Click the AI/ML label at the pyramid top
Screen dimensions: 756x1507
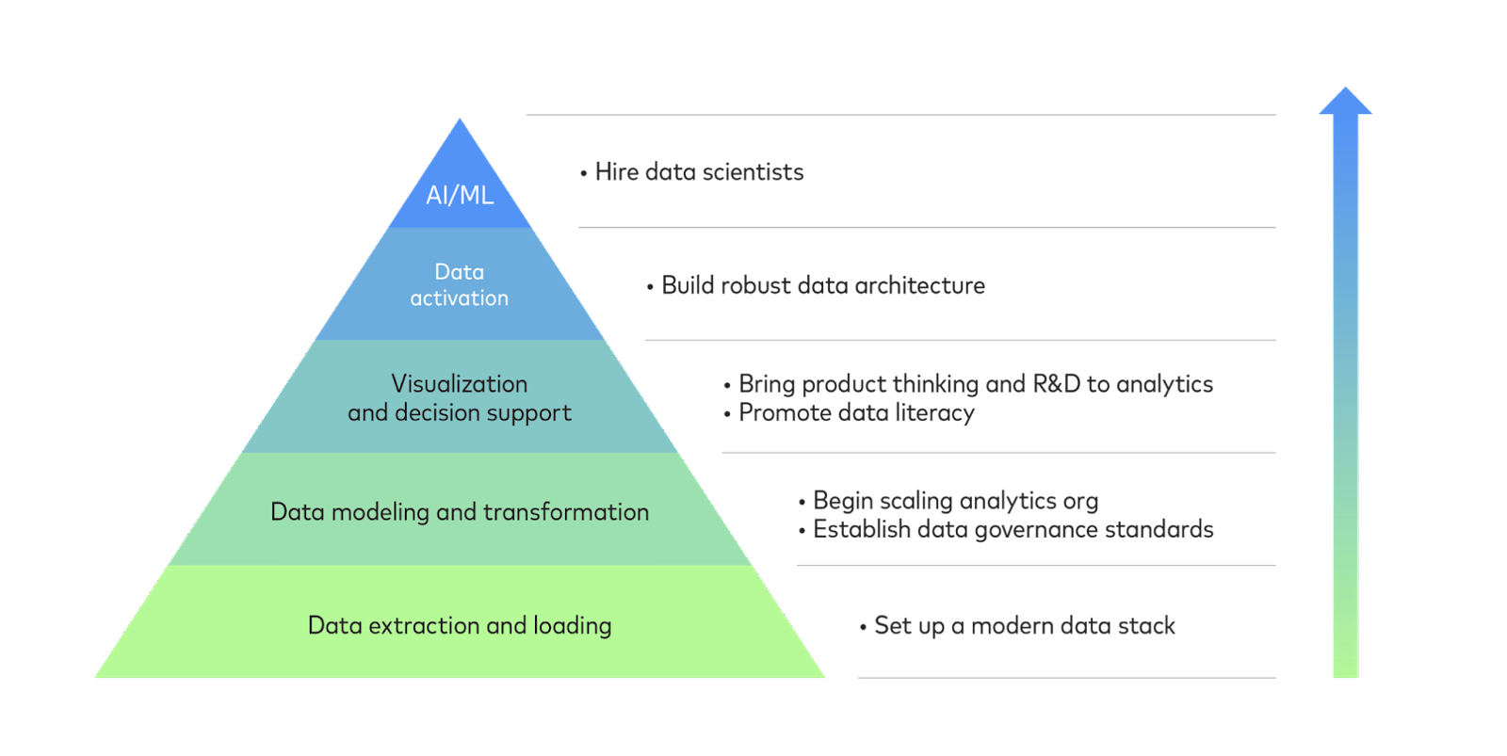(460, 195)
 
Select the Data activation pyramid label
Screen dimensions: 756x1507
(460, 284)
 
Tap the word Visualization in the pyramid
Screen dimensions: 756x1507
(460, 384)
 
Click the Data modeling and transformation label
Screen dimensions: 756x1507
(460, 511)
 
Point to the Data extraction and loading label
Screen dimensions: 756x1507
(460, 625)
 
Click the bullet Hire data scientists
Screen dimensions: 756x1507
(699, 172)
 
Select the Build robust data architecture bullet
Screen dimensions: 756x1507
(822, 285)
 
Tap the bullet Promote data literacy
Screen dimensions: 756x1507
(855, 412)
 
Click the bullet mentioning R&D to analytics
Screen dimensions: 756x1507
(975, 384)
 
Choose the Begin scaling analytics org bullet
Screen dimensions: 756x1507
(954, 501)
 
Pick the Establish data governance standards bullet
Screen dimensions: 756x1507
(1013, 529)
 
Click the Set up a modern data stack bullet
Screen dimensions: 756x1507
(1024, 626)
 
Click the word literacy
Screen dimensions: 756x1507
(935, 413)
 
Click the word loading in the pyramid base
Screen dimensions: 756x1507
(573, 626)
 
